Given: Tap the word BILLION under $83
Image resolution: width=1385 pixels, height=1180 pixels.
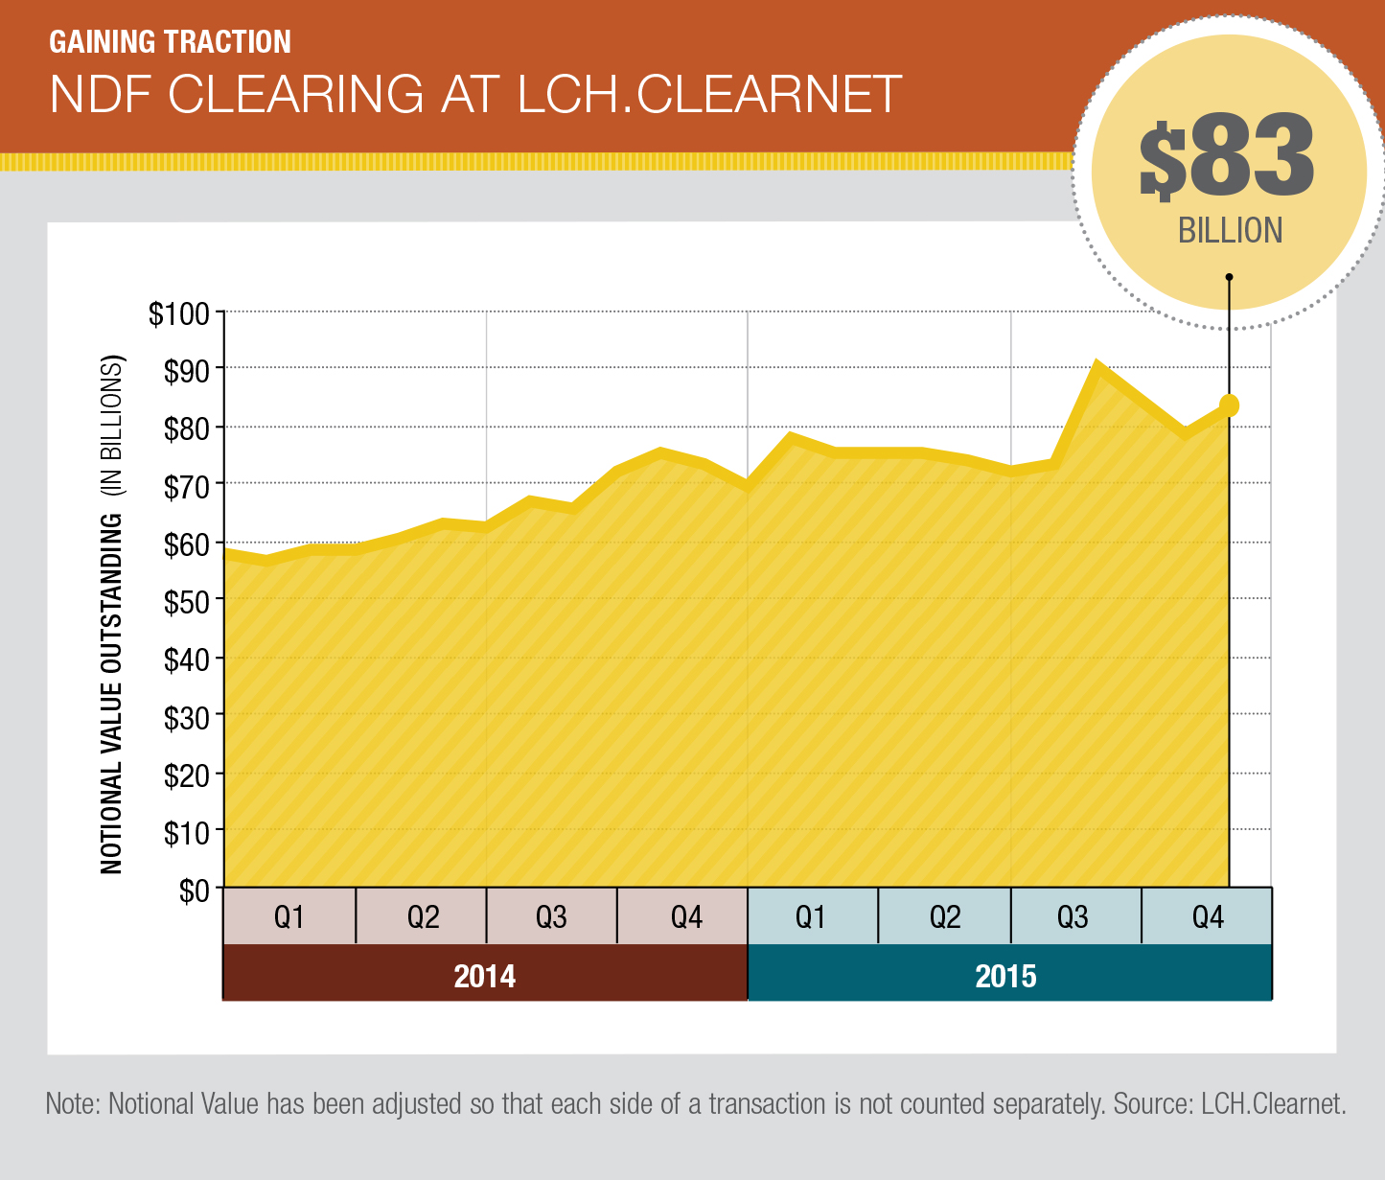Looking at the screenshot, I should pos(1230,231).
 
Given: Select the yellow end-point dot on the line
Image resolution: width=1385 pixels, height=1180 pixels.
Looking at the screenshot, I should pos(1229,405).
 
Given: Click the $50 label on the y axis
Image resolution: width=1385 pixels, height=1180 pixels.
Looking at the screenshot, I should pos(185,601).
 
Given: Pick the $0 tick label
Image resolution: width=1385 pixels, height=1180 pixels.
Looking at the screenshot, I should pos(194,891).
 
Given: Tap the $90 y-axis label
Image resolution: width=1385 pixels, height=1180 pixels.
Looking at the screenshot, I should pos(185,372).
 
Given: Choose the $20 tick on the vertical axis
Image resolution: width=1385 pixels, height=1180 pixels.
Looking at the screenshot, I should pos(185,775).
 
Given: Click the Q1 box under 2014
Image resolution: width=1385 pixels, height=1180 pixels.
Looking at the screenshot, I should pos(289,917).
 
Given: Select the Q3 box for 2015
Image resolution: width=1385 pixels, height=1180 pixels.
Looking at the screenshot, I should pos(1074,917).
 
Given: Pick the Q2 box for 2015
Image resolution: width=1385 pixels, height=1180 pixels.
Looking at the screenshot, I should pos(944,917).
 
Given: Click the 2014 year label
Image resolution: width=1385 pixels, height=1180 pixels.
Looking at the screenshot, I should pos(484,976).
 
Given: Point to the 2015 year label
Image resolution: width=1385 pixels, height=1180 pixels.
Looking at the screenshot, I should pos(1006,976).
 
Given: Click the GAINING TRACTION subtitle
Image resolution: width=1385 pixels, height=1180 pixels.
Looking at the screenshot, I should pos(170,42).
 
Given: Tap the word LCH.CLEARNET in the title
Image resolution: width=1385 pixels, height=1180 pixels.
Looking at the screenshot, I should pos(709,94).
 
